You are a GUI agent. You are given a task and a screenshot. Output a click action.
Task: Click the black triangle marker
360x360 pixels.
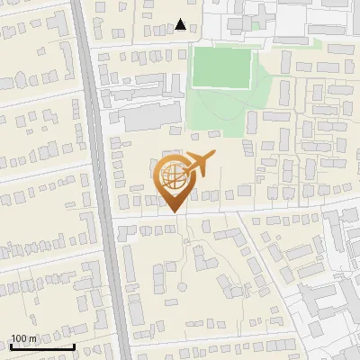(x=182, y=24)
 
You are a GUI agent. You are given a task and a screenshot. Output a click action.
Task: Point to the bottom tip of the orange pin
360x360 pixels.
(x=173, y=211)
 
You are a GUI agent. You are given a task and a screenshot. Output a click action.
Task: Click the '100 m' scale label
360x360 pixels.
(x=24, y=337)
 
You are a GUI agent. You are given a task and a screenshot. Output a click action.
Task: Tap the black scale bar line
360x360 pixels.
(x=41, y=346)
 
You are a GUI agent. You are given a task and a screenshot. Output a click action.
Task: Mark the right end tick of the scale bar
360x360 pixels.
(x=73, y=346)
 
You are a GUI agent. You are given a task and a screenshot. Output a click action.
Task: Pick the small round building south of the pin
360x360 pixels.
(x=184, y=287)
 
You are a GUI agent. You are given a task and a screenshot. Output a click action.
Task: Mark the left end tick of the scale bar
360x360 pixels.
(x=10, y=346)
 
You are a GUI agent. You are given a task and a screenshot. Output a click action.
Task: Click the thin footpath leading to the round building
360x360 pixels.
(x=187, y=261)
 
